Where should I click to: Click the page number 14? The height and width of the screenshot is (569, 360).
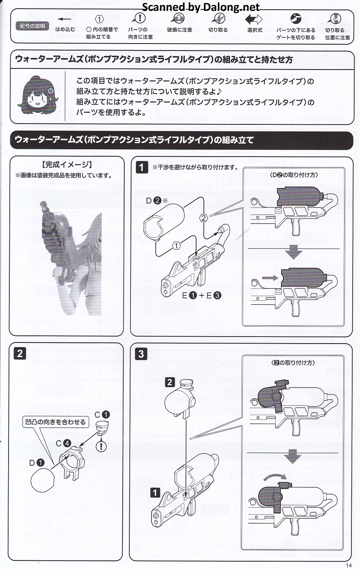point(349,565)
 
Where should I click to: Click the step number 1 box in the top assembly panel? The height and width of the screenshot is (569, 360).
point(142,168)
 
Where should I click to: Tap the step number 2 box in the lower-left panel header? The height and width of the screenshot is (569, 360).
point(20,354)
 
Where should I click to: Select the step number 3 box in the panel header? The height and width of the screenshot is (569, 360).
point(141,354)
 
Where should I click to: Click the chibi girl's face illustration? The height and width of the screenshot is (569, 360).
point(38,95)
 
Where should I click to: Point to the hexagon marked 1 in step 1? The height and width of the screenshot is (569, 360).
point(176,246)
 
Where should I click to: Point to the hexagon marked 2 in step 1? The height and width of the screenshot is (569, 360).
point(203,218)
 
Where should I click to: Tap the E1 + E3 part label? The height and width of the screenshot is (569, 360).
point(202,295)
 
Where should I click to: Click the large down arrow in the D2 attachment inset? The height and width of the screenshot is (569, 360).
point(293,252)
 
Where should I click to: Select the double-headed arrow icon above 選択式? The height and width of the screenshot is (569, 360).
point(254,19)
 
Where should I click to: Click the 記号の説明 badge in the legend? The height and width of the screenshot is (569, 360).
point(32,26)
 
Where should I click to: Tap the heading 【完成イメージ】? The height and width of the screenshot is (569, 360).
point(67,165)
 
